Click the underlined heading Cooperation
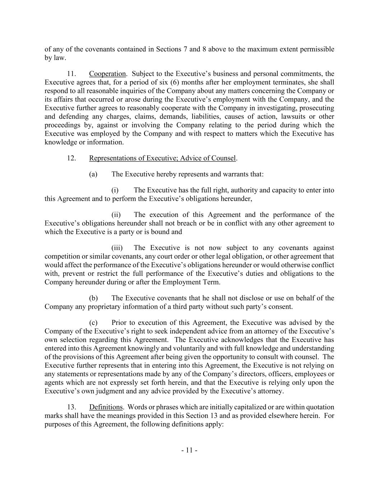(107, 74)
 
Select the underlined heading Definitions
(106, 407)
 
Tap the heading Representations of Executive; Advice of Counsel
(162, 158)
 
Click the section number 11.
(71, 74)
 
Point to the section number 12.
(71, 158)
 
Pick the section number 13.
(71, 407)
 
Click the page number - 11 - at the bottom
(189, 450)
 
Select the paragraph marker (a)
(93, 174)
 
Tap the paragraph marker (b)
(93, 298)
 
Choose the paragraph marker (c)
(93, 322)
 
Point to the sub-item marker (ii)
(116, 214)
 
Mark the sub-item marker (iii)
(117, 247)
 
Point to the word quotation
(319, 407)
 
